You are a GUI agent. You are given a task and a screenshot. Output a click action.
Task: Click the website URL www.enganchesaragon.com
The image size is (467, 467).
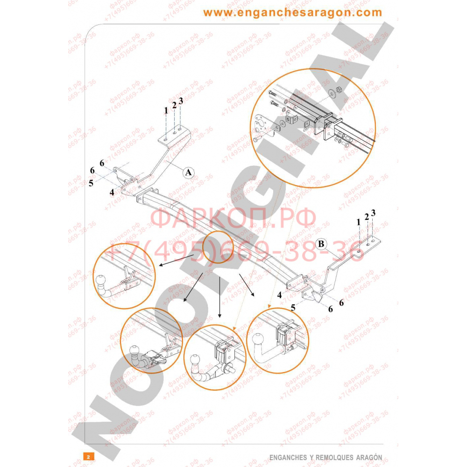tap(292, 13)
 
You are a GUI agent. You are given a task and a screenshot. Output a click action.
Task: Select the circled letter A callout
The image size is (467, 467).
tap(188, 172)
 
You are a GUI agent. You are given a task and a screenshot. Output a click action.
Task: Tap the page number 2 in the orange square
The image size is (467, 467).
tap(88, 456)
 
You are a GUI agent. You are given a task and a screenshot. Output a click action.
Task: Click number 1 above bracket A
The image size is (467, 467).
tap(165, 111)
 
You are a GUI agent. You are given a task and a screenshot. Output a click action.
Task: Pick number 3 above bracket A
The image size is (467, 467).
tap(181, 100)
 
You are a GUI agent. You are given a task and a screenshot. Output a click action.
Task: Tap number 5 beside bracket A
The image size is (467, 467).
tap(91, 183)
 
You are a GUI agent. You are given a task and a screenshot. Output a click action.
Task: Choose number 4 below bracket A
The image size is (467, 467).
tap(112, 191)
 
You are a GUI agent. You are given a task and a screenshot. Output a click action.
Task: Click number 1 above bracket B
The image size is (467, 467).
tap(359, 222)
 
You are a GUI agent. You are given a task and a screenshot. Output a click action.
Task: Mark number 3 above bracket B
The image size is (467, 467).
tap(373, 213)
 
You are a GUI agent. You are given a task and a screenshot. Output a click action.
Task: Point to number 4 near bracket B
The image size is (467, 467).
tap(279, 295)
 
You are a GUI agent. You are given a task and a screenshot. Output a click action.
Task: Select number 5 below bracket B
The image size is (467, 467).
tap(293, 307)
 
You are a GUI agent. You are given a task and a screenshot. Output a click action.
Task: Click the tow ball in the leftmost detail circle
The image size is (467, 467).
tap(101, 282)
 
